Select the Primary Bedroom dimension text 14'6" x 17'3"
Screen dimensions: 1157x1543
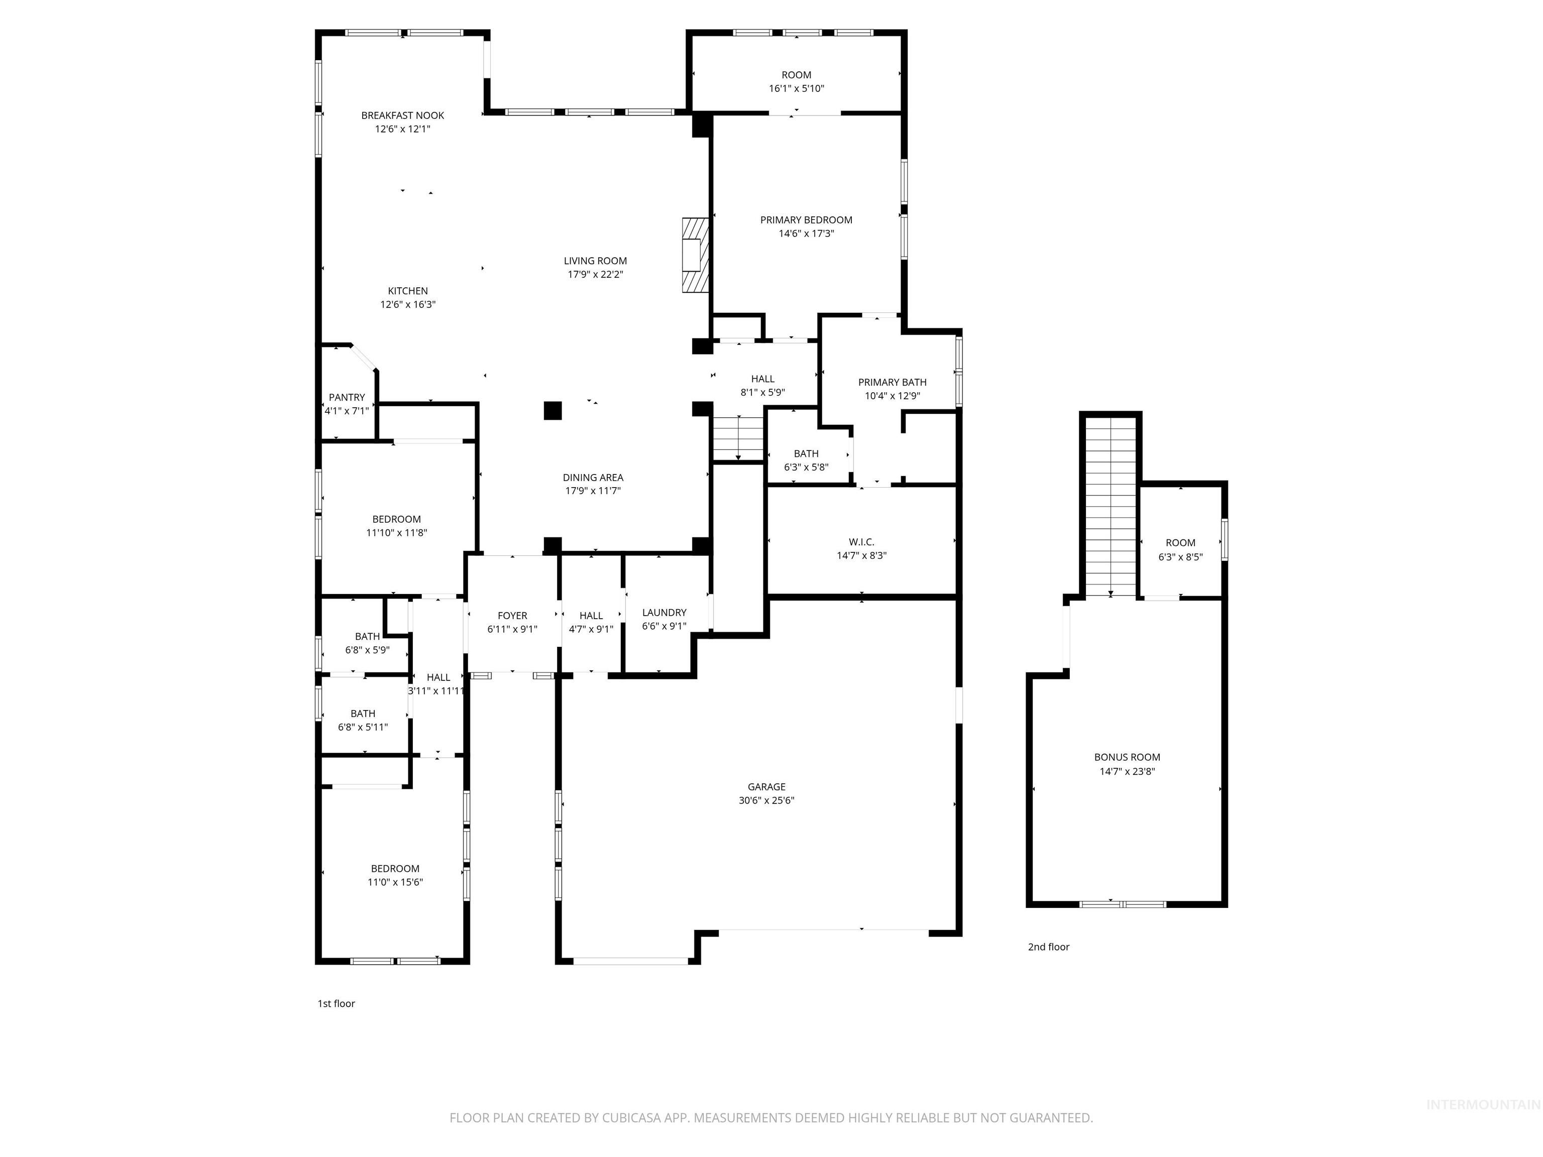[x=806, y=234]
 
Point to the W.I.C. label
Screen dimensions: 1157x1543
[x=861, y=542]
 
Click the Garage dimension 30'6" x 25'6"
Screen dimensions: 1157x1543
[x=766, y=800]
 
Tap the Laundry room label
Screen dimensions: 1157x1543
[x=664, y=612]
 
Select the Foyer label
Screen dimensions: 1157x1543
[x=512, y=615]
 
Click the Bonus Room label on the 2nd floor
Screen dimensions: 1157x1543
[x=1127, y=757]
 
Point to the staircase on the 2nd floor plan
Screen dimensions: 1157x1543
[x=1111, y=506]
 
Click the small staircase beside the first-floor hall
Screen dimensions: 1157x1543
[x=738, y=438]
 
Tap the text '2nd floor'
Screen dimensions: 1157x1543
[x=1048, y=947]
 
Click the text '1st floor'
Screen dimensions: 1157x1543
[x=336, y=1003]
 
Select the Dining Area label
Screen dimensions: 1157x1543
[x=593, y=478]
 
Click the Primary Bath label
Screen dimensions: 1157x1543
[x=892, y=382]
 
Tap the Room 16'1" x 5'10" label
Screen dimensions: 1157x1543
[x=796, y=75]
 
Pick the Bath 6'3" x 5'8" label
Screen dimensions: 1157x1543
[x=806, y=454]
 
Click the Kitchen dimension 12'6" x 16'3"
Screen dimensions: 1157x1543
[x=407, y=305]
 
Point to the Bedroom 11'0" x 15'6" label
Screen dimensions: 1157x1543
[x=395, y=869]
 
